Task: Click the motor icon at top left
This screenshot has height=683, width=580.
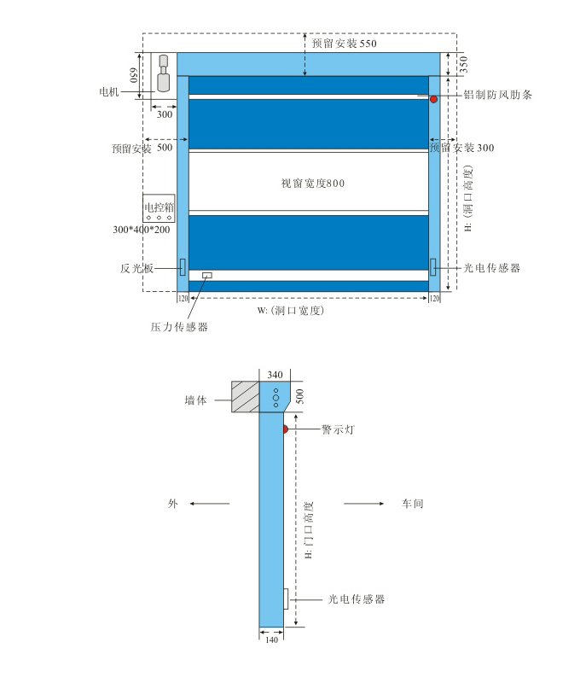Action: point(164,73)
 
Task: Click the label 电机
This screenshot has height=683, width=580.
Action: point(111,89)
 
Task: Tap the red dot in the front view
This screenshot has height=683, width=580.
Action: point(433,99)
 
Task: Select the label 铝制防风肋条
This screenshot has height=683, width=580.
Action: point(497,95)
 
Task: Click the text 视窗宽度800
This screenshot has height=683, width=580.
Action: point(312,183)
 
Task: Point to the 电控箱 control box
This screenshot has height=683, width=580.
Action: point(159,213)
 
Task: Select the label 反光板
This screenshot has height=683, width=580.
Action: point(136,268)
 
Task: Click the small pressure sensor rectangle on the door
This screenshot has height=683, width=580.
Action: point(207,275)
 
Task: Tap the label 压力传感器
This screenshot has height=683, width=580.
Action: point(179,326)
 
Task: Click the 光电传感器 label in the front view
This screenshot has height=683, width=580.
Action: point(492,268)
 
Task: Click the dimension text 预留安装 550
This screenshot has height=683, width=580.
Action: point(344,43)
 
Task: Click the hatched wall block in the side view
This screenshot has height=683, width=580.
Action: point(245,397)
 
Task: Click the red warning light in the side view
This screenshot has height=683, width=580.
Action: point(287,428)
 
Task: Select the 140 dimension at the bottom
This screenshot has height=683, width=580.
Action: point(271,639)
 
